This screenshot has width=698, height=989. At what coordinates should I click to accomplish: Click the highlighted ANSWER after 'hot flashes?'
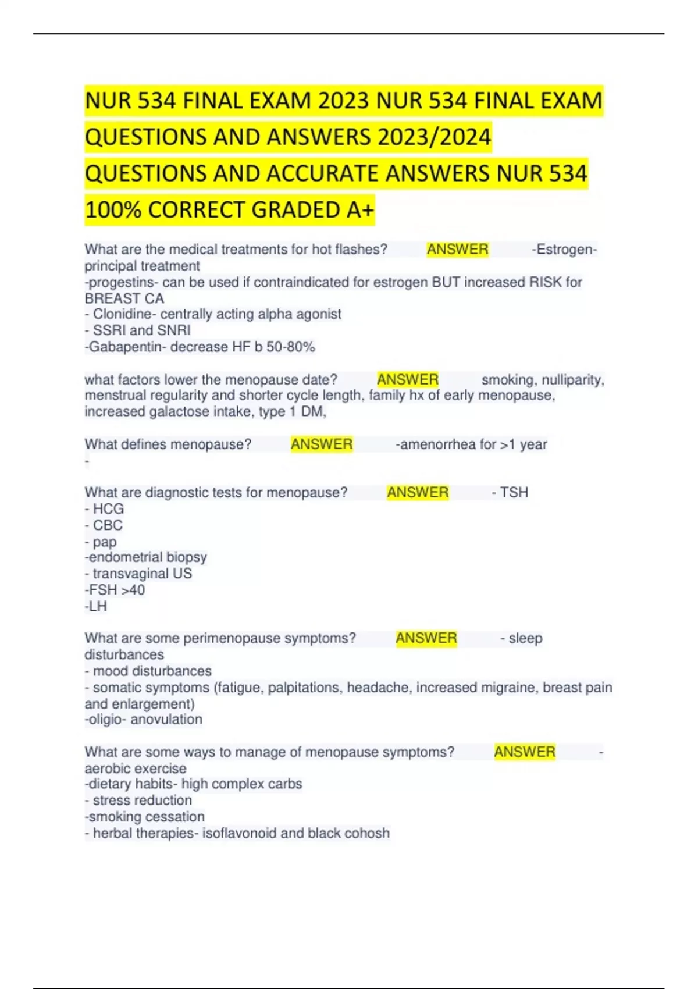click(x=457, y=250)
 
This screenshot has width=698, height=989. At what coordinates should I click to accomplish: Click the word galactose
click(x=181, y=412)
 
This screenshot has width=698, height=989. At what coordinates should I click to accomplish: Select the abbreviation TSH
click(x=514, y=493)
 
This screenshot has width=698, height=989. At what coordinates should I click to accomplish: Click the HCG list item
click(x=108, y=509)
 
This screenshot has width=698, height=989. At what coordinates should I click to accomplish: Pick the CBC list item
click(x=108, y=525)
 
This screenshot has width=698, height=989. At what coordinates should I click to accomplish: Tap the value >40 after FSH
click(x=133, y=590)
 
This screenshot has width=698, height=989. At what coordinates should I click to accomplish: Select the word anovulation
click(x=166, y=720)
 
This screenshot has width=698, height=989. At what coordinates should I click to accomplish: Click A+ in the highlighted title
click(x=360, y=209)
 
